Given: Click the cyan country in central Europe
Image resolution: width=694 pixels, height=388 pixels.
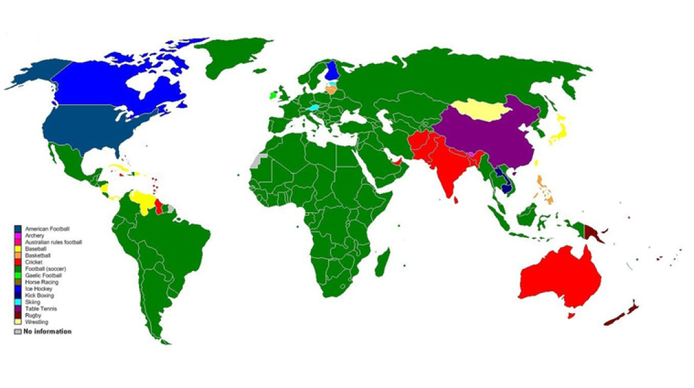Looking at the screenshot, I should point(315,107).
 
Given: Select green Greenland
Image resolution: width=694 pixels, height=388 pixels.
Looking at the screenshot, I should point(229,55).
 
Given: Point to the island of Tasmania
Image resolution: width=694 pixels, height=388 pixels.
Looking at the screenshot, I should point(571,316).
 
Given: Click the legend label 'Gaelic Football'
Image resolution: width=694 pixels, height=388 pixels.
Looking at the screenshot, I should point(44,275).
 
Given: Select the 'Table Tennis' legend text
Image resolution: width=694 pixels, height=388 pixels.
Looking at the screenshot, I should point(41,308).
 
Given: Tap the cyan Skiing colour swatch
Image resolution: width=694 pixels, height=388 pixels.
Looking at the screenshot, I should point(19,302).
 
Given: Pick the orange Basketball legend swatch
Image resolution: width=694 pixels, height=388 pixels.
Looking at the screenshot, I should point(19,255).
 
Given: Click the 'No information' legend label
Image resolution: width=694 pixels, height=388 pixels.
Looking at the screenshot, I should point(48,332).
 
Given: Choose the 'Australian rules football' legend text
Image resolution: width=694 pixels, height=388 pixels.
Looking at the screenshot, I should point(54,242).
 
